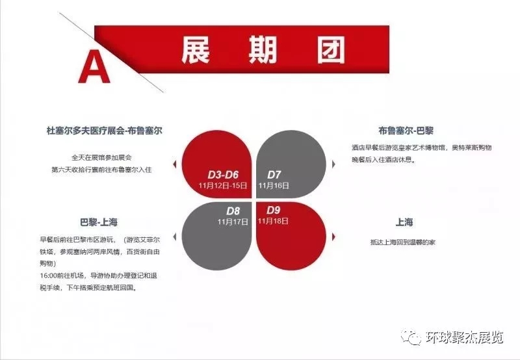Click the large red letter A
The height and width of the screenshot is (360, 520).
pyautogui.click(x=94, y=66)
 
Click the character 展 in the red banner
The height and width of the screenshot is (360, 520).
pyautogui.click(x=196, y=49)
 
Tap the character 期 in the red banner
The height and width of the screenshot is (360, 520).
pyautogui.click(x=263, y=49)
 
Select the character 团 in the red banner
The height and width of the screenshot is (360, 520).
pyautogui.click(x=331, y=49)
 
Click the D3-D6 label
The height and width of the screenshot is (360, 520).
pyautogui.click(x=223, y=175)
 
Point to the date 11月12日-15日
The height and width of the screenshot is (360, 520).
pyautogui.click(x=223, y=185)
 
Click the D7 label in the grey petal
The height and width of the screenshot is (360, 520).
pyautogui.click(x=274, y=175)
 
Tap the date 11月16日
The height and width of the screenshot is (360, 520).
pyautogui.click(x=274, y=185)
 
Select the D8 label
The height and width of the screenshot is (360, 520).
pyautogui.click(x=233, y=211)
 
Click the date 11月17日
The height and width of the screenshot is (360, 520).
pyautogui.click(x=233, y=222)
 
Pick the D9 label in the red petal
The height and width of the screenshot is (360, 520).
pyautogui.click(x=273, y=210)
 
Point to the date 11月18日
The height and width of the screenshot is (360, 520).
pyautogui.click(x=273, y=220)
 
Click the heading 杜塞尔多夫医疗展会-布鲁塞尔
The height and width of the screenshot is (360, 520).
pyautogui.click(x=105, y=131)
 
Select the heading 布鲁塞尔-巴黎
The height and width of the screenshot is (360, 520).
pyautogui.click(x=406, y=131)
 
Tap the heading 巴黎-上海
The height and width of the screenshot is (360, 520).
pyautogui.click(x=99, y=222)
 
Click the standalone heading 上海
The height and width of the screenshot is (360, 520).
pyautogui.click(x=404, y=222)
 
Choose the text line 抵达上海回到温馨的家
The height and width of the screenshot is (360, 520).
pyautogui.click(x=403, y=242)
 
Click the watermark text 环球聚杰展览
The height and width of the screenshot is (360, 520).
pyautogui.click(x=465, y=337)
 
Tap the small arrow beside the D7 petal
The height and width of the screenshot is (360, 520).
pyautogui.click(x=333, y=164)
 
